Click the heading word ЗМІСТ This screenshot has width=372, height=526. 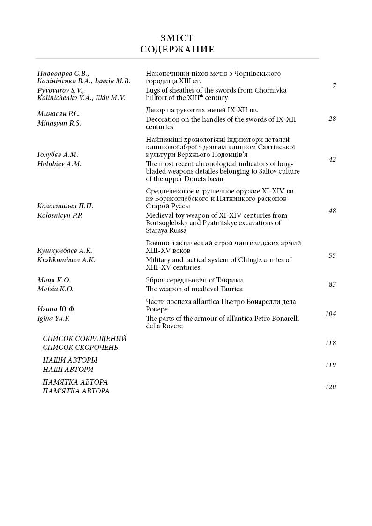pos(177,38)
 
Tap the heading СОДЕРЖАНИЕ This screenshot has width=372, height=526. pos(177,50)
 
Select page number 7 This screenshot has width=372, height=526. pos(334,86)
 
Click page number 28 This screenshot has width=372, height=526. pos(332,119)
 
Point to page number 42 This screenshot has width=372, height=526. pos(332,159)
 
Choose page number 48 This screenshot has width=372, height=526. pos(332,211)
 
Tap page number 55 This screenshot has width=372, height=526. pos(332,255)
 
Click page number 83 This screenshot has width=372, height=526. pos(332,284)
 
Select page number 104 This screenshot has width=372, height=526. pos(331,314)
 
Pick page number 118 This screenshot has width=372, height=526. pos(331,343)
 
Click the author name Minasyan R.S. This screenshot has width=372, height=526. pos(59,123)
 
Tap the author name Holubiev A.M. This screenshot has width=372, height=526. pos(60,164)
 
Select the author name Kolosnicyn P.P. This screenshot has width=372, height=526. pos(60,215)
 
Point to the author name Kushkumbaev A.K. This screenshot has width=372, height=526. pos(66,260)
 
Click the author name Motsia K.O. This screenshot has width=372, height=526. pos(55,289)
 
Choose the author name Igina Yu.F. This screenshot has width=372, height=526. pos(53,319)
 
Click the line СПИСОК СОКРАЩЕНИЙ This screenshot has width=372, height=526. pos(85,338)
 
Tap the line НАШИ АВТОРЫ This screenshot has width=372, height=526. pos(70,360)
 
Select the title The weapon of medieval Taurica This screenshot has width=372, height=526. pos(194,289)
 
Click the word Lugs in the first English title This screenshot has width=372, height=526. pos(153,90)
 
